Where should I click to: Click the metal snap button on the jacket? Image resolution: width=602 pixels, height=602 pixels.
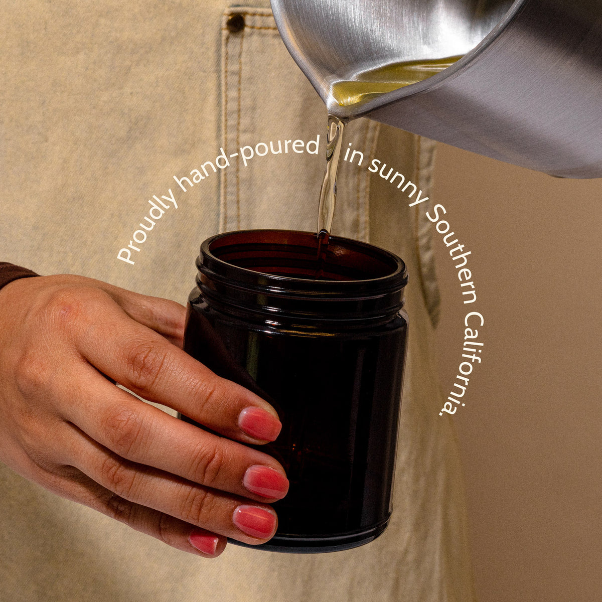[x=235, y=23]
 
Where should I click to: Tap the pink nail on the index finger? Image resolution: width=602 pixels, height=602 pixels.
[x=259, y=424]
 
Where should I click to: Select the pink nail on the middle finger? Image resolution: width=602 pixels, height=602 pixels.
[x=266, y=482]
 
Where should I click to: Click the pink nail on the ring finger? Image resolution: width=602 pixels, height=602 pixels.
[x=255, y=522]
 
